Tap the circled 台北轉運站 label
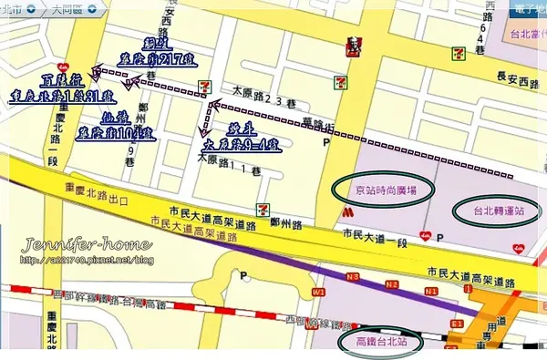(x=498, y=211)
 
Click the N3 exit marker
(x=352, y=276)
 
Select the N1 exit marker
(x=420, y=288)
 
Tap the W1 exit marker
(x=317, y=292)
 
